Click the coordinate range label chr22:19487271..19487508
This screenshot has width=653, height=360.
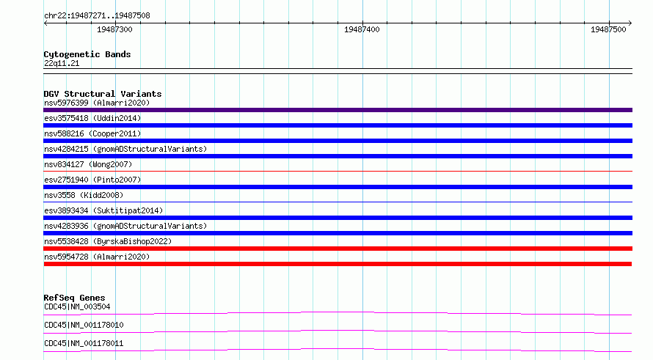pos(97,16)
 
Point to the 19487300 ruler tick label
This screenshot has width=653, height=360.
pos(114,29)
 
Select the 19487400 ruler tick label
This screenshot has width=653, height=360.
pos(362,29)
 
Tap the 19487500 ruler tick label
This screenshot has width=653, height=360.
pos(608,29)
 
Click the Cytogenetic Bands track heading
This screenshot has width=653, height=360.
pos(87,54)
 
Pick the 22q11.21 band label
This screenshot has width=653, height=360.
pos(62,63)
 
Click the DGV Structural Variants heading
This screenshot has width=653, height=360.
pos(103,94)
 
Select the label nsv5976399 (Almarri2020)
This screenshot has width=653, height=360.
pos(97,103)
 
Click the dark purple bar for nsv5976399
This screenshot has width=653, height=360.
pos(338,110)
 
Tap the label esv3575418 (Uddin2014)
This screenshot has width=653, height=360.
pos(92,118)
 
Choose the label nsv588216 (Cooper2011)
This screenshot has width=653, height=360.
pos(92,133)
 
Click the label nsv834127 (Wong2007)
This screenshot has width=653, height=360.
pos(88,164)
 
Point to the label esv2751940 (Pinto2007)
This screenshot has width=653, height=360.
pos(92,180)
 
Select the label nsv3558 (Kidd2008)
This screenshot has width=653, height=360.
pos(84,195)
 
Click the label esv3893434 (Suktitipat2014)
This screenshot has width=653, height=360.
pos(103,210)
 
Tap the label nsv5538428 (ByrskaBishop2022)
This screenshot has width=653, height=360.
pos(108,241)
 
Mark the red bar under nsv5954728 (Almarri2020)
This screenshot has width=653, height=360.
pos(338,264)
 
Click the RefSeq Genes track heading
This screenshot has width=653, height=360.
pos(74,298)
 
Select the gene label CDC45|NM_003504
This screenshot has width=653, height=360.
pos(77,306)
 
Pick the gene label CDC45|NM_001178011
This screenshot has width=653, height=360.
pos(84,343)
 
